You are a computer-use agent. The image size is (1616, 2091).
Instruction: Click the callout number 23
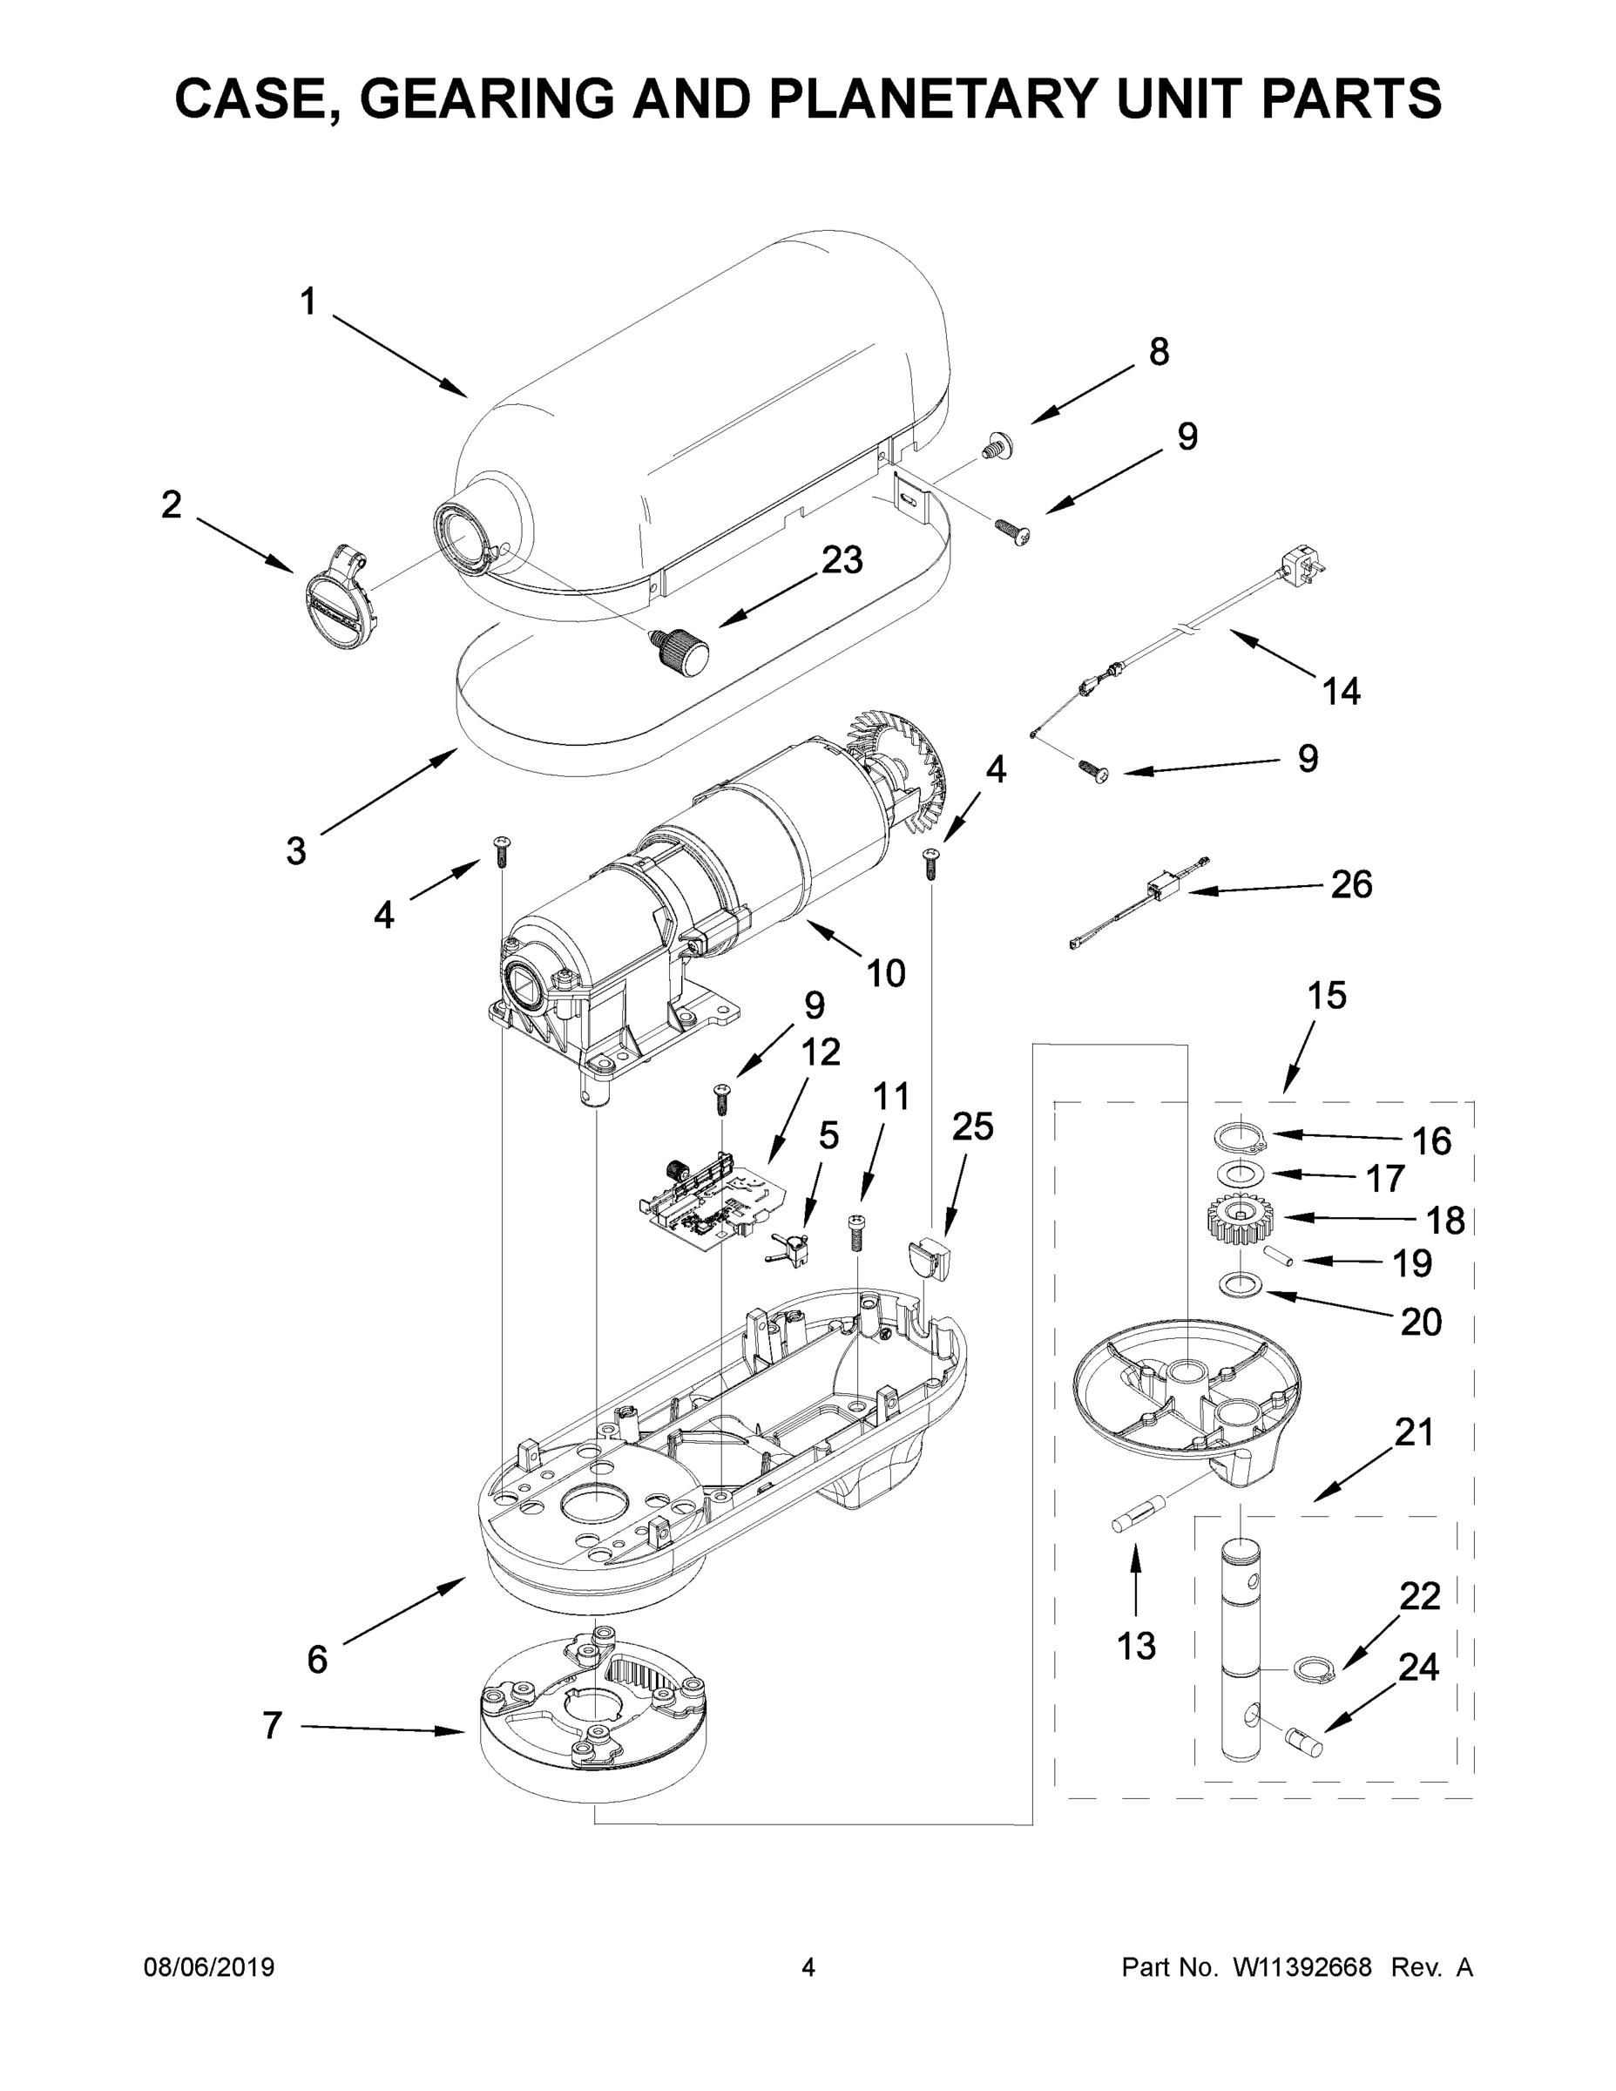click(x=842, y=560)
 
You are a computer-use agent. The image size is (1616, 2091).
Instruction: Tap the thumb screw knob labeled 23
click(x=681, y=652)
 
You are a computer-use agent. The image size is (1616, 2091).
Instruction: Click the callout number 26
click(x=1351, y=885)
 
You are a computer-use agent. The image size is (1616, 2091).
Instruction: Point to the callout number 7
click(x=273, y=1725)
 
